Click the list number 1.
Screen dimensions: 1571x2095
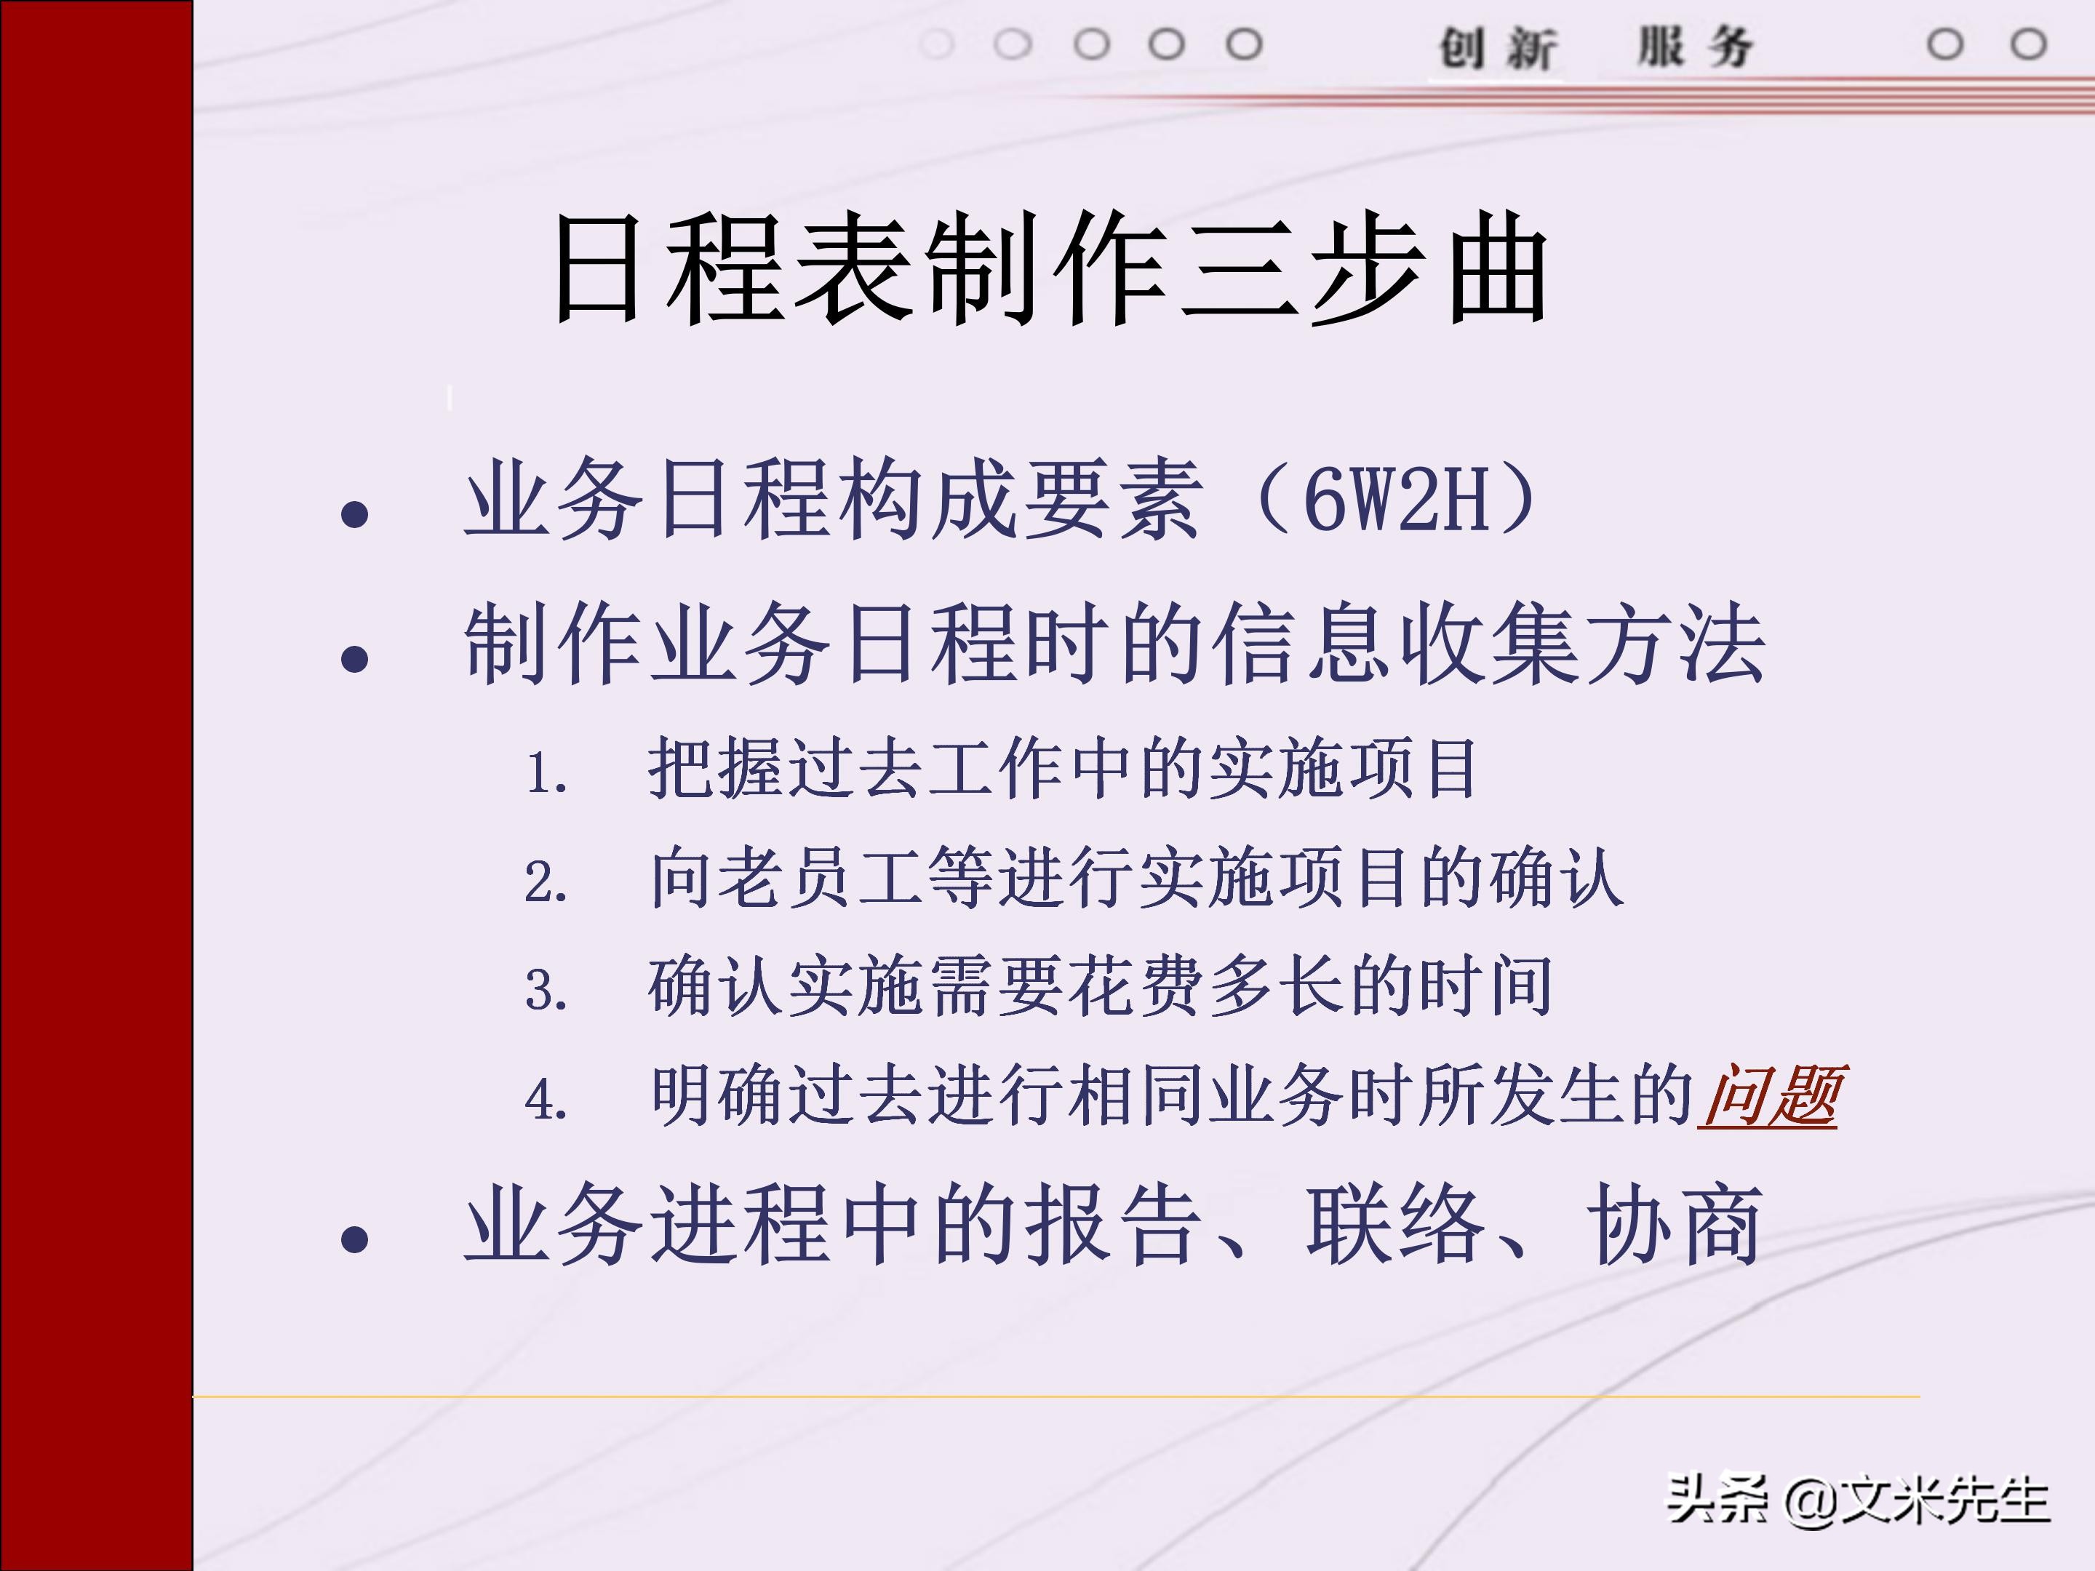point(546,774)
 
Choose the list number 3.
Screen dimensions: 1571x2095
point(546,991)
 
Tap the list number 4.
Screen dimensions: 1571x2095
point(546,1100)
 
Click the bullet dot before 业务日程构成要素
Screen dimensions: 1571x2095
point(354,514)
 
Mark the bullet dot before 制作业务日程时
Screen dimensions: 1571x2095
point(354,659)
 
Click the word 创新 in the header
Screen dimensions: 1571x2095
point(1496,47)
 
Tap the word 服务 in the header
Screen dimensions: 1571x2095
point(1696,47)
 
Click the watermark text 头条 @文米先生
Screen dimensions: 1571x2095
point(1859,1500)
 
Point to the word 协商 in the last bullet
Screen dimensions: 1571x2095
point(1675,1224)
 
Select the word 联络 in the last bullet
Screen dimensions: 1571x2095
point(1394,1224)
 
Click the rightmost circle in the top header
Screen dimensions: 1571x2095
point(2028,44)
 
